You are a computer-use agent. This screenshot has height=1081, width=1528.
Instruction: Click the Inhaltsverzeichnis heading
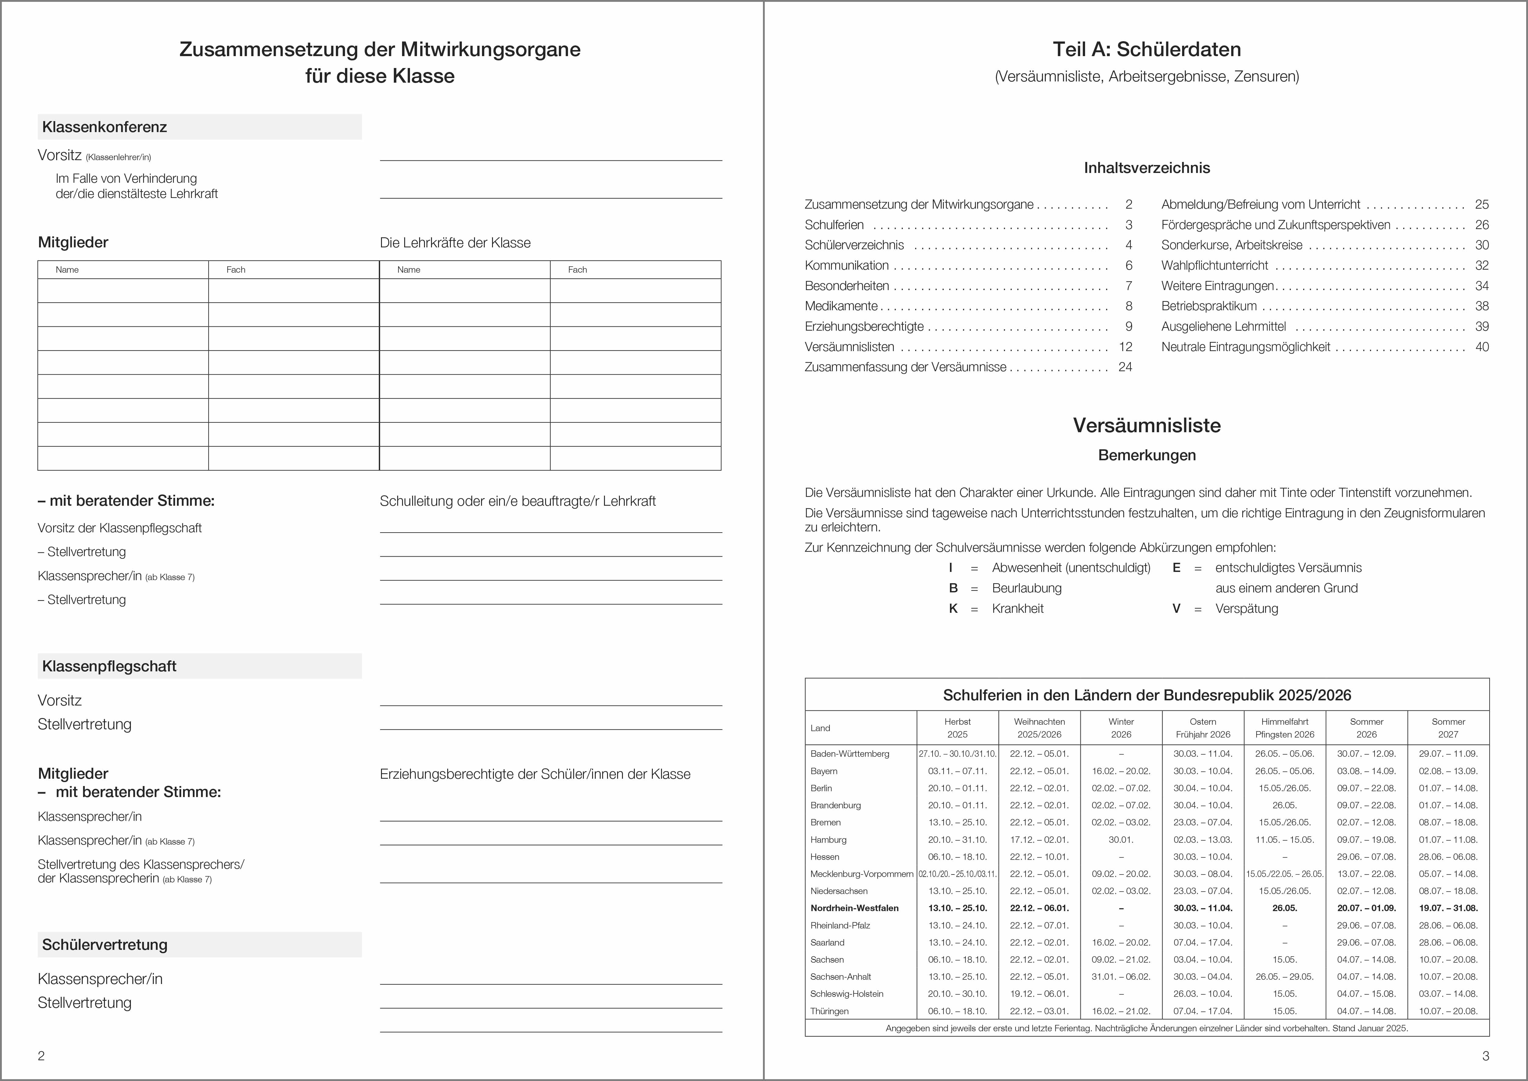(x=1147, y=168)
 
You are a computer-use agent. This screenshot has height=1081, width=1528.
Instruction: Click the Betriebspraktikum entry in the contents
(x=1209, y=306)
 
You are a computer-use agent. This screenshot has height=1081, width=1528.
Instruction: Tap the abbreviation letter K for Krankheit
(x=953, y=609)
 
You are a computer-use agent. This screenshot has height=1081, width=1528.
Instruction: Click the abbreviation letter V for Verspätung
(x=1176, y=609)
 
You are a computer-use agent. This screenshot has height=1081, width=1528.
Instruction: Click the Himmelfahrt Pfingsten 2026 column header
(x=1285, y=727)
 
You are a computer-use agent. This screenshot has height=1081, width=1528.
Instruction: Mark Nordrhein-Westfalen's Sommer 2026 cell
(x=1366, y=908)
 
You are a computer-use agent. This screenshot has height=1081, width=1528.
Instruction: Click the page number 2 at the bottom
(x=41, y=1056)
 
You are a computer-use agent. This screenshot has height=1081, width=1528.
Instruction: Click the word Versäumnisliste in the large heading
(x=1147, y=425)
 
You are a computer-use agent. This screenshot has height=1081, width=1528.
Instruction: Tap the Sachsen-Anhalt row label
(x=840, y=976)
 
